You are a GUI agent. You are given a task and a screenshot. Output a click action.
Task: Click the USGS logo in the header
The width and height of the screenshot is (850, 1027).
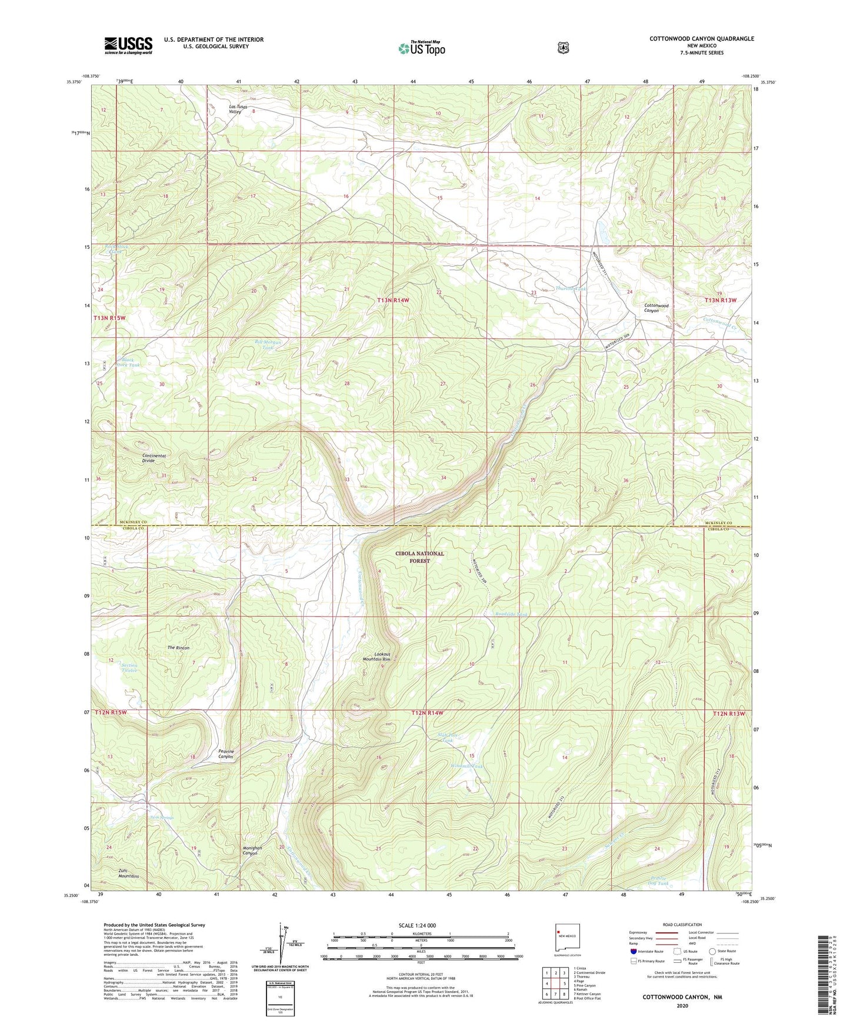(128, 45)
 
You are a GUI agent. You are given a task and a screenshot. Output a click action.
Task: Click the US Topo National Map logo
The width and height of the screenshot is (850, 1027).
(421, 48)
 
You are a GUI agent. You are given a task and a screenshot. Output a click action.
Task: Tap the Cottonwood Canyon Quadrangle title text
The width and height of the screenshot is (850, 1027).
(701, 39)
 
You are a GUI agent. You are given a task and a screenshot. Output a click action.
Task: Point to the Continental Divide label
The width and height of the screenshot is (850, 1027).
(154, 458)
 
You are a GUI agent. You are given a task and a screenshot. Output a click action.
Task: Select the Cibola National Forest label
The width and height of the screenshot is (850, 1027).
(420, 557)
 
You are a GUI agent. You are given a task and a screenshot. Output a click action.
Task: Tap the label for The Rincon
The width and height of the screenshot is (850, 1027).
(179, 648)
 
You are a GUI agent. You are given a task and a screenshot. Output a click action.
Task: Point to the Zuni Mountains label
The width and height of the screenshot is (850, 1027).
(129, 873)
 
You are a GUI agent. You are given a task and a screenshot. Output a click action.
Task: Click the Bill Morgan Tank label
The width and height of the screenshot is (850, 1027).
(268, 345)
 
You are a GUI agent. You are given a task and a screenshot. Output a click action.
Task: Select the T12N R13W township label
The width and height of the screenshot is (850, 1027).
(729, 713)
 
